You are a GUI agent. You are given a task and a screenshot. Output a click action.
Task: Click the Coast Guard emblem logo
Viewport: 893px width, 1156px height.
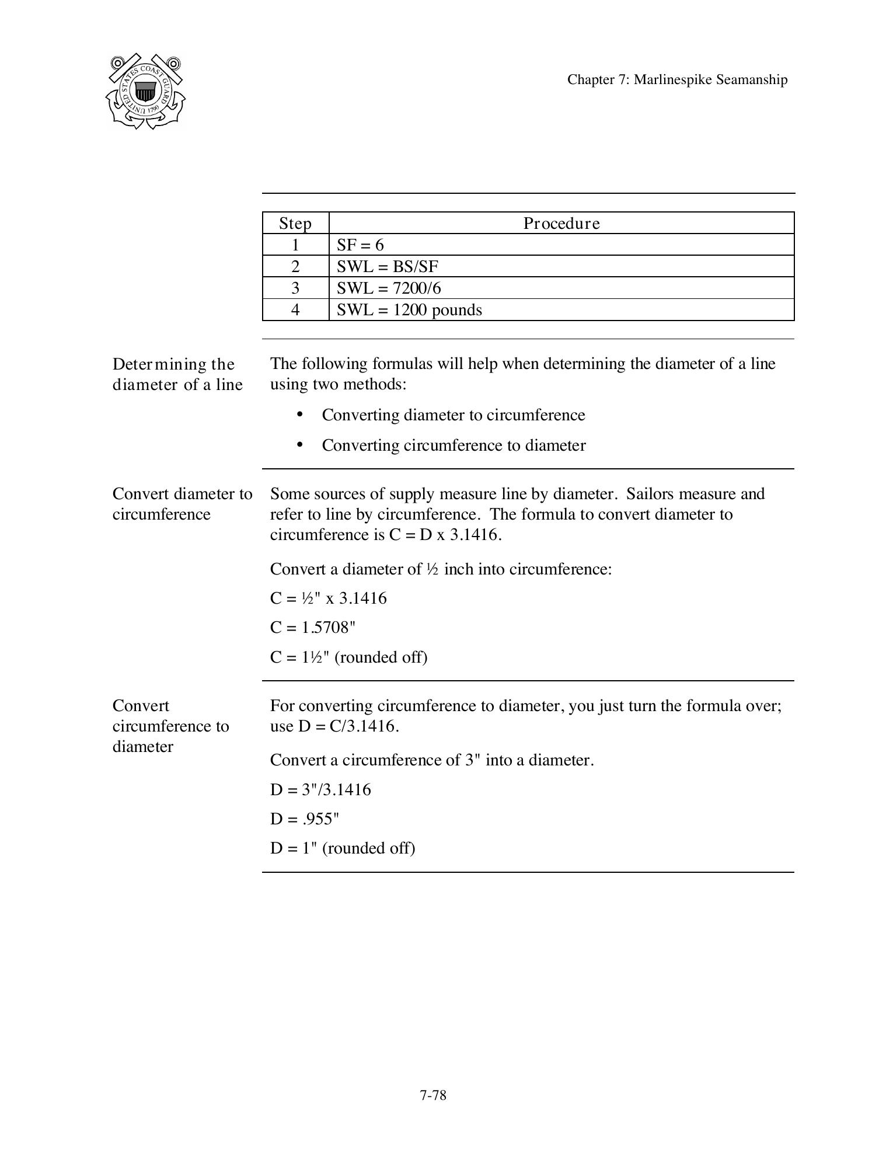point(145,91)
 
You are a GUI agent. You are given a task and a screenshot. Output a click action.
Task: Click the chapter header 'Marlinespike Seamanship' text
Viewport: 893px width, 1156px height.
point(677,80)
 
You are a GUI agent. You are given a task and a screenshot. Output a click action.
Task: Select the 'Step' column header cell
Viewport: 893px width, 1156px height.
point(295,224)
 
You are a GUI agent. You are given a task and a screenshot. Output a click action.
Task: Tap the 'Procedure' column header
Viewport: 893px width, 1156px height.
point(561,224)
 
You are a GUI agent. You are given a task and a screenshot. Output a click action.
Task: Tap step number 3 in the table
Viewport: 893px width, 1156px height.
point(295,288)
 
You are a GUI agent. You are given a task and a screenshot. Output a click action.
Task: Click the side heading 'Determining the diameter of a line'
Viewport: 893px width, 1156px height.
point(177,374)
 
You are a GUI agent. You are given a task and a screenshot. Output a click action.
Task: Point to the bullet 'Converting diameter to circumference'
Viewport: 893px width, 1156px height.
point(453,415)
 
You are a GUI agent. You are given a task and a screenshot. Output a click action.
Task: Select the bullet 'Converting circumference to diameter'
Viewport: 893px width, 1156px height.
point(453,445)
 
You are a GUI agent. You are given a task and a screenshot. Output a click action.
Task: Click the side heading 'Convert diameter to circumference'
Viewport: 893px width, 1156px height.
point(182,504)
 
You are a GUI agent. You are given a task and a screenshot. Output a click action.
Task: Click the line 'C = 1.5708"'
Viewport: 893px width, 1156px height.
point(313,628)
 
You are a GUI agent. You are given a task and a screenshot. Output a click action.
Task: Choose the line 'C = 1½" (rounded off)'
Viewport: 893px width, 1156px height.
point(348,657)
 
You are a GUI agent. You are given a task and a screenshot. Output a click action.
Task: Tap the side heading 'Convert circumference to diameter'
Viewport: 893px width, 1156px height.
point(170,726)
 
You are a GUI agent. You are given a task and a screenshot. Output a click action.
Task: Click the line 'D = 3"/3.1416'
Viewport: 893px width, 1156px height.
point(320,790)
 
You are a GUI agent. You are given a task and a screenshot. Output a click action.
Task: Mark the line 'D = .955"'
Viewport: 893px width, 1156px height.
point(305,819)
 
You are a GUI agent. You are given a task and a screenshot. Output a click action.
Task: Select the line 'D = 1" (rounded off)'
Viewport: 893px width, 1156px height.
point(343,848)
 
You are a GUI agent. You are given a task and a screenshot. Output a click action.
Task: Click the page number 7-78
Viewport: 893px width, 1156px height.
point(432,1095)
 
